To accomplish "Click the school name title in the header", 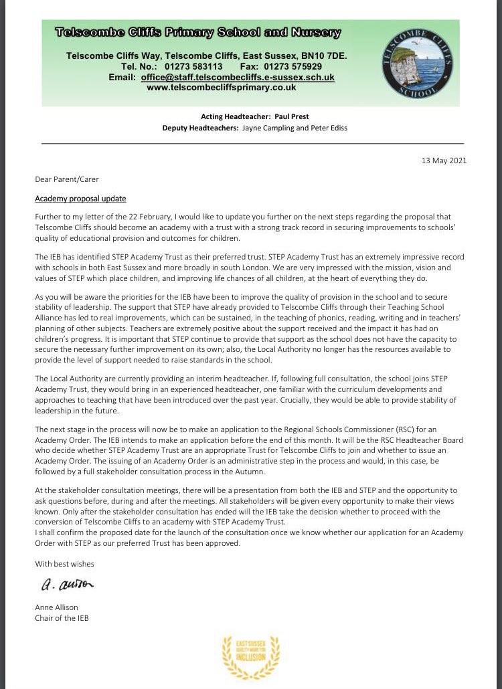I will (x=197, y=33).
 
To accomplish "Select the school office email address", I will (x=238, y=78).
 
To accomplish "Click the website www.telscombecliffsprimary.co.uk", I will (x=221, y=87).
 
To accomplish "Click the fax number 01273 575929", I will (x=291, y=67).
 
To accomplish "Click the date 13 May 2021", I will (x=444, y=161).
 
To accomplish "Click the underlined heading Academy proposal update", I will (x=80, y=199).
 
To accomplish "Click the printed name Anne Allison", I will (x=57, y=607).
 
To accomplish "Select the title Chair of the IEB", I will (x=62, y=617).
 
